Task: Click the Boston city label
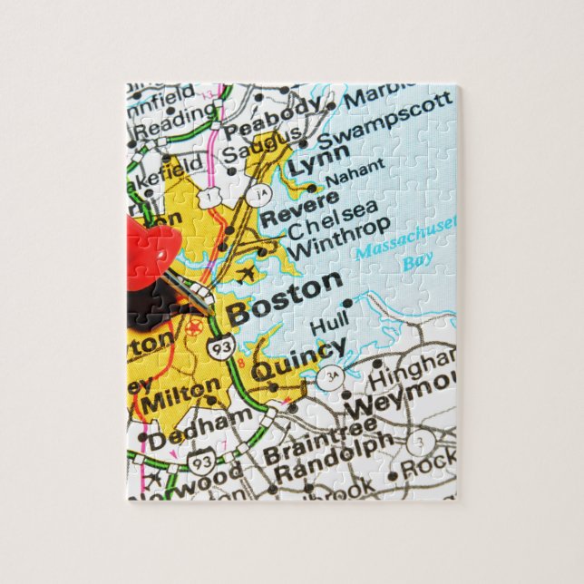[284, 300]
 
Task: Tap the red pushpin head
[150, 258]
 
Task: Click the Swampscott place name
[384, 121]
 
